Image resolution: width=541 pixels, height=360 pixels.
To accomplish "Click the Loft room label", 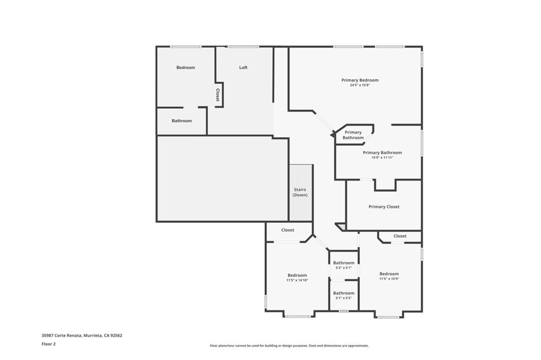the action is (x=243, y=68).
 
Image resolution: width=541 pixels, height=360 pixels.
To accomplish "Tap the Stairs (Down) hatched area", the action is (x=301, y=193).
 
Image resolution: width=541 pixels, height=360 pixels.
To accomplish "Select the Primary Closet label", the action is (x=384, y=207).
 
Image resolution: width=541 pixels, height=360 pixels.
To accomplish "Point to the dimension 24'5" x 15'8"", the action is (x=360, y=85).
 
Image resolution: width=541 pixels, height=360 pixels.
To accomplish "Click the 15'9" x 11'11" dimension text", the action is (x=383, y=158).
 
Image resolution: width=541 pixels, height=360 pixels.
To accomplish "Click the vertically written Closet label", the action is (x=218, y=95).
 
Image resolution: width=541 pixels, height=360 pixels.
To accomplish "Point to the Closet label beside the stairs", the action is (x=288, y=230).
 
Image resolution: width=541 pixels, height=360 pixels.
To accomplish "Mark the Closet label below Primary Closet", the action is (x=400, y=236).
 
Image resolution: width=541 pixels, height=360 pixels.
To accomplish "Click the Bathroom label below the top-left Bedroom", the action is (x=182, y=121).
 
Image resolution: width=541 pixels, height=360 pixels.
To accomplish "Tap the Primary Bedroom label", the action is (x=360, y=80).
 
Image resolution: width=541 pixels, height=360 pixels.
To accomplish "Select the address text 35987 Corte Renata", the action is (x=61, y=335).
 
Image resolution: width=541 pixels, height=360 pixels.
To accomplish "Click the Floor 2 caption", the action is (x=49, y=344).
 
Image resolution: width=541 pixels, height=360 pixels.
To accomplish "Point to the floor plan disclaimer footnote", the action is (x=289, y=346).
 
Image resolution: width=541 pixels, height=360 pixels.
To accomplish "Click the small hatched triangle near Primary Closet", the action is (x=341, y=226).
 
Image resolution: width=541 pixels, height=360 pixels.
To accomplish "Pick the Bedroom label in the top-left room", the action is (x=185, y=68).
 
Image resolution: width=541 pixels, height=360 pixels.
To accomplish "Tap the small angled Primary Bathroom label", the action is (x=353, y=135).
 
